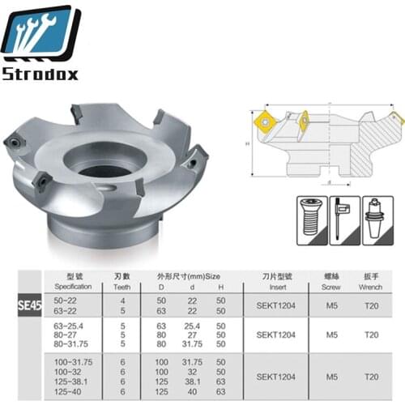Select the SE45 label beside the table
28,306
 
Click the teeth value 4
122,301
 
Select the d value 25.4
194,326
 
